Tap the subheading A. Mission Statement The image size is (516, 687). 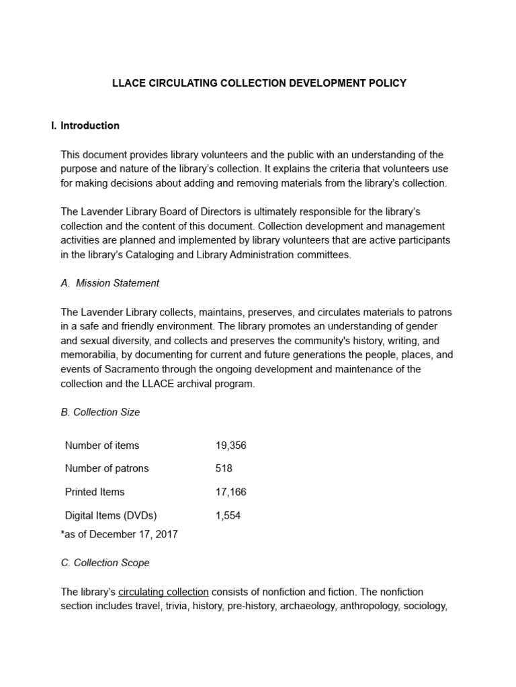click(x=110, y=283)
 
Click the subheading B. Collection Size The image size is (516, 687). click(x=100, y=412)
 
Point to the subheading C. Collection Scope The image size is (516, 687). click(x=105, y=563)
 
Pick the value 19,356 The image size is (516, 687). click(x=231, y=445)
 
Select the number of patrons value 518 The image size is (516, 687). click(x=224, y=468)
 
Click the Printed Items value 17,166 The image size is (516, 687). click(x=231, y=492)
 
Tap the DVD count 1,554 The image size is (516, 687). click(x=228, y=516)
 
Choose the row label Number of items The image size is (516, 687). click(x=102, y=445)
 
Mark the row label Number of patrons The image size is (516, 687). click(x=107, y=468)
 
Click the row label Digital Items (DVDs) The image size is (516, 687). click(x=111, y=516)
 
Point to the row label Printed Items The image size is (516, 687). click(x=95, y=492)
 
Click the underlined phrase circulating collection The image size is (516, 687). click(x=163, y=592)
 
